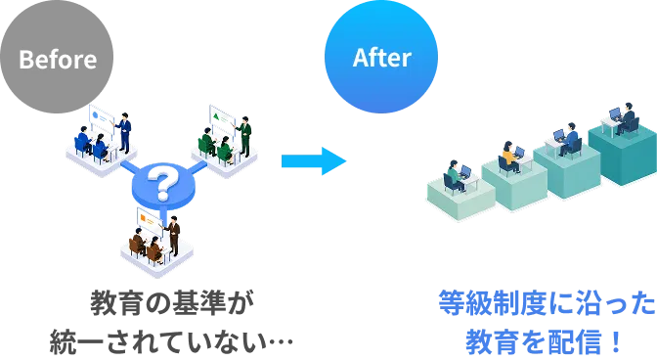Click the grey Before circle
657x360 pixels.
pyautogui.click(x=57, y=57)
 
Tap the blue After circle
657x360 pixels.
pyautogui.click(x=381, y=57)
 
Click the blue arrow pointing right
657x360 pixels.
pyautogui.click(x=314, y=161)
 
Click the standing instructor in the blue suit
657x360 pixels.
pyautogui.click(x=124, y=132)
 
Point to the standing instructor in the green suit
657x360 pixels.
pyautogui.click(x=244, y=136)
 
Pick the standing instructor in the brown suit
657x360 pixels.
pyautogui.click(x=173, y=236)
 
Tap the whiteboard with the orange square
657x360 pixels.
pyautogui.click(x=150, y=221)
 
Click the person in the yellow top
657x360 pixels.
pyautogui.click(x=509, y=157)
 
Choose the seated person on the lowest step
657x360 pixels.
pyautogui.click(x=456, y=176)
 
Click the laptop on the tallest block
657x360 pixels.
pyautogui.click(x=615, y=114)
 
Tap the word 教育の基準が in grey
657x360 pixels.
pyautogui.click(x=172, y=302)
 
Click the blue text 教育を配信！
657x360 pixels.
pyautogui.click(x=544, y=341)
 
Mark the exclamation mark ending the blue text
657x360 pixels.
pyautogui.click(x=616, y=341)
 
